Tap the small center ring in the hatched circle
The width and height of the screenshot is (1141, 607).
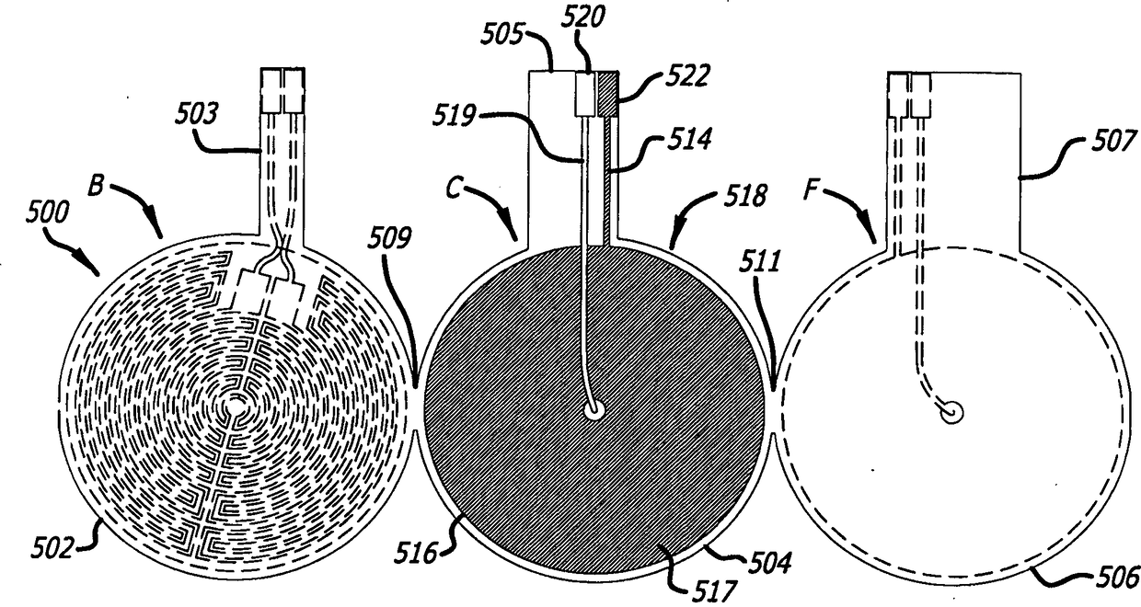tap(594, 411)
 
